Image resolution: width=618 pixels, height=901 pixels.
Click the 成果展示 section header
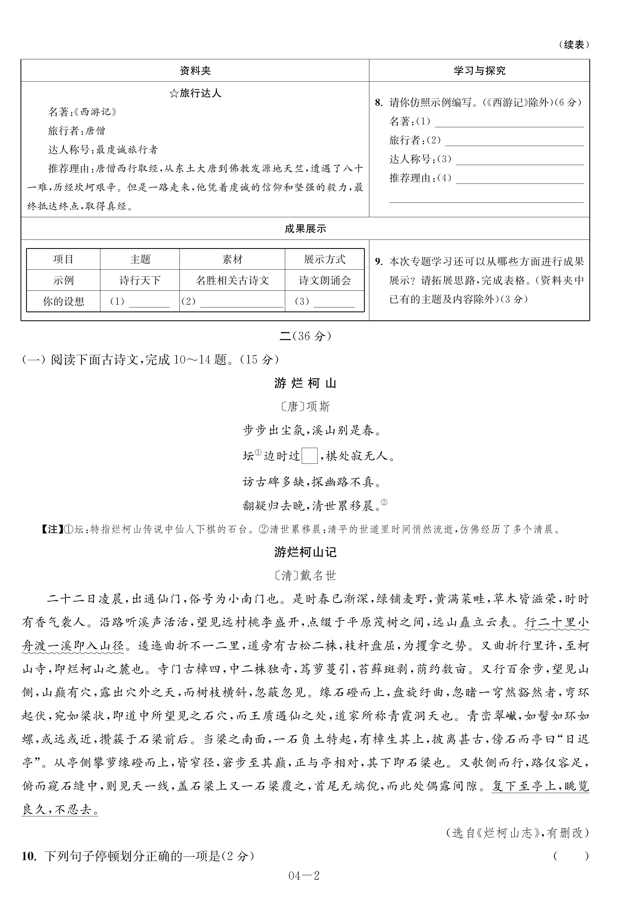point(305,229)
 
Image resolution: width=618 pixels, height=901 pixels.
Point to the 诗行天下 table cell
point(140,280)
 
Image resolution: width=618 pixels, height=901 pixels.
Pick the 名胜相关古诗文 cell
point(232,280)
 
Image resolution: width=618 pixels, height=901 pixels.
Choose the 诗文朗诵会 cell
point(324,280)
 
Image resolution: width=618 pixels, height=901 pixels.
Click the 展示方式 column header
point(324,259)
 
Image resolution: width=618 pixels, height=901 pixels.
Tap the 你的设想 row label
point(63,301)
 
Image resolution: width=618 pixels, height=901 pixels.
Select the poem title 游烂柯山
point(305,383)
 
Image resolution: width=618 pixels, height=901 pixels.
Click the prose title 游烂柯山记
point(305,552)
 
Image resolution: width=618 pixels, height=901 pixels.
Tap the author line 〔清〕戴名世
point(305,575)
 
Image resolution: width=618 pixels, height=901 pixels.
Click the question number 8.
point(378,103)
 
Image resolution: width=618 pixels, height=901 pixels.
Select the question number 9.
point(378,262)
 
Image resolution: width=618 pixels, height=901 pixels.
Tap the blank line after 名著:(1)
point(509,122)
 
